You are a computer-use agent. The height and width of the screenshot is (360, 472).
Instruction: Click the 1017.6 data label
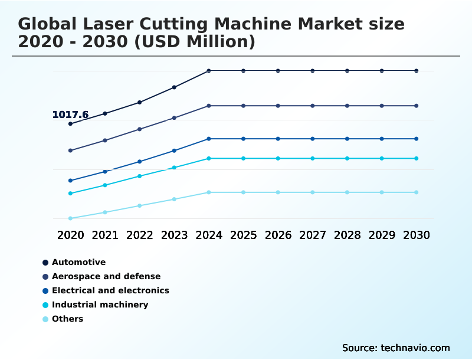pos(70,114)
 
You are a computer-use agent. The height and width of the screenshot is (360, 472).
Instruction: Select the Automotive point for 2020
pos(70,124)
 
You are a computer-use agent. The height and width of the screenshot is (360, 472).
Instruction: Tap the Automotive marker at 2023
pos(174,87)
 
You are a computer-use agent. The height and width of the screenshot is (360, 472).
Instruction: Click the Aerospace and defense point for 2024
pos(209,106)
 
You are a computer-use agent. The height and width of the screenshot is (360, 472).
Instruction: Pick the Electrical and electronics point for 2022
pos(140,161)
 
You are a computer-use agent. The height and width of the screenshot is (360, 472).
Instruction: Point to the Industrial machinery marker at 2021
pos(105,185)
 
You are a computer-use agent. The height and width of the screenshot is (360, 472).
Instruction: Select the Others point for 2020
pos(70,218)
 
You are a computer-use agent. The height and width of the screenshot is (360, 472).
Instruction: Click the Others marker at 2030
pos(417,192)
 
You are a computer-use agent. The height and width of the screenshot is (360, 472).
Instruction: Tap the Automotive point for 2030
pos(417,71)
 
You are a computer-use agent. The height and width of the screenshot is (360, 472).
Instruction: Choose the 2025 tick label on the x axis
pos(243,235)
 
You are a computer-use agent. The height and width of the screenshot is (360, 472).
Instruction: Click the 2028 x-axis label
pos(347,235)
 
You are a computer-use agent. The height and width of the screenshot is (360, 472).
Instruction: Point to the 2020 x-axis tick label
pos(70,235)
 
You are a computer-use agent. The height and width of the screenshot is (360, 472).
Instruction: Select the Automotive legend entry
pos(78,262)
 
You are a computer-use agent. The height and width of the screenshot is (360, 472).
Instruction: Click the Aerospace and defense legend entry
pos(106,276)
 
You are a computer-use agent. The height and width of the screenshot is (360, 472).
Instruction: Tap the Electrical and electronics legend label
pos(110,290)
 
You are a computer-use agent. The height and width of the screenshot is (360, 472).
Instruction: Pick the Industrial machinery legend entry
pos(100,305)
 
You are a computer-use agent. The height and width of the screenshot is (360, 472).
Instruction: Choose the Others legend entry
pos(67,319)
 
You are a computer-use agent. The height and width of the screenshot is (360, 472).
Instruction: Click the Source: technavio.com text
pos(396,348)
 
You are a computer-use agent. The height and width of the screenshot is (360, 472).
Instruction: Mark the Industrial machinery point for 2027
pos(313,158)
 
